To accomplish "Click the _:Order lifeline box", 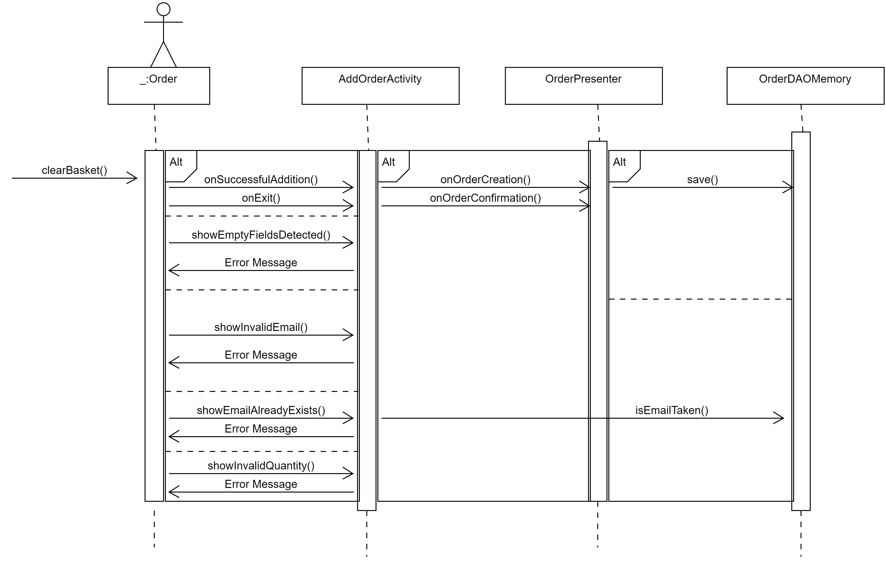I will point(159,86).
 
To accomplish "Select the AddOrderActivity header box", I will point(380,86).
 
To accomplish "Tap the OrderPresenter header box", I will point(583,86).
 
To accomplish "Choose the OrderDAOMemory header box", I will point(805,86).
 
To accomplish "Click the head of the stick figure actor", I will point(164,9).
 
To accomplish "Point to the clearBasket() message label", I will point(74,170).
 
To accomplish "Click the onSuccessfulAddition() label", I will point(261,180).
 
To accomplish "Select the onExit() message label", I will point(261,198).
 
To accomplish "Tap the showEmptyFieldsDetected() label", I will point(261,235).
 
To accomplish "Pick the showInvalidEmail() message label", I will point(261,327).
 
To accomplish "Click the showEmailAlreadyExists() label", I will point(261,410).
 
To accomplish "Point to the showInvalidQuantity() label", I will point(261,466).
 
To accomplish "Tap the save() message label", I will point(702,180).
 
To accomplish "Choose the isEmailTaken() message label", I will point(672,410).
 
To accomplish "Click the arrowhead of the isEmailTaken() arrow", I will point(781,418).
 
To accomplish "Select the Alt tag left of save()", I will point(619,162).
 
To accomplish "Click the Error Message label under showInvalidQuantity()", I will point(261,484).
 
